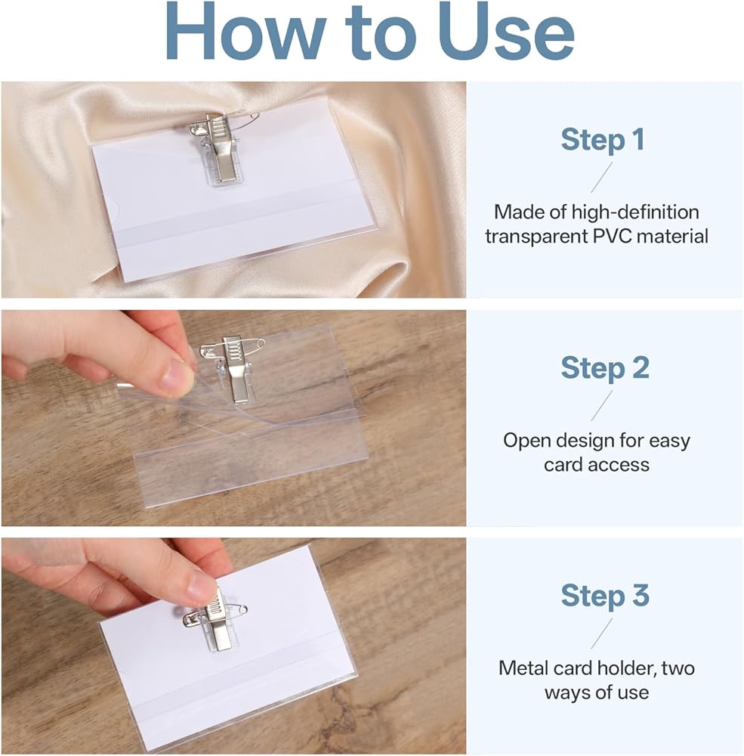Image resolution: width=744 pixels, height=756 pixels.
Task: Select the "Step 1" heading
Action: click(603, 140)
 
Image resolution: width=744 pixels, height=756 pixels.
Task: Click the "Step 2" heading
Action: click(605, 368)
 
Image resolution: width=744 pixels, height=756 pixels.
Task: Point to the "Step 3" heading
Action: click(605, 596)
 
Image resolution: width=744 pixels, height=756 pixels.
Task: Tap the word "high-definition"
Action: click(635, 212)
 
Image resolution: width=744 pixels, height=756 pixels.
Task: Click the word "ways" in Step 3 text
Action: click(566, 693)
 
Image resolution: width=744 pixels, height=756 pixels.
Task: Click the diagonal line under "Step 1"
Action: click(602, 178)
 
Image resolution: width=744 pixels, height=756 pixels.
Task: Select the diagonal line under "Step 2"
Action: click(602, 405)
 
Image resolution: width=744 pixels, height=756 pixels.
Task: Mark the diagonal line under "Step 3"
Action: click(602, 634)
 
